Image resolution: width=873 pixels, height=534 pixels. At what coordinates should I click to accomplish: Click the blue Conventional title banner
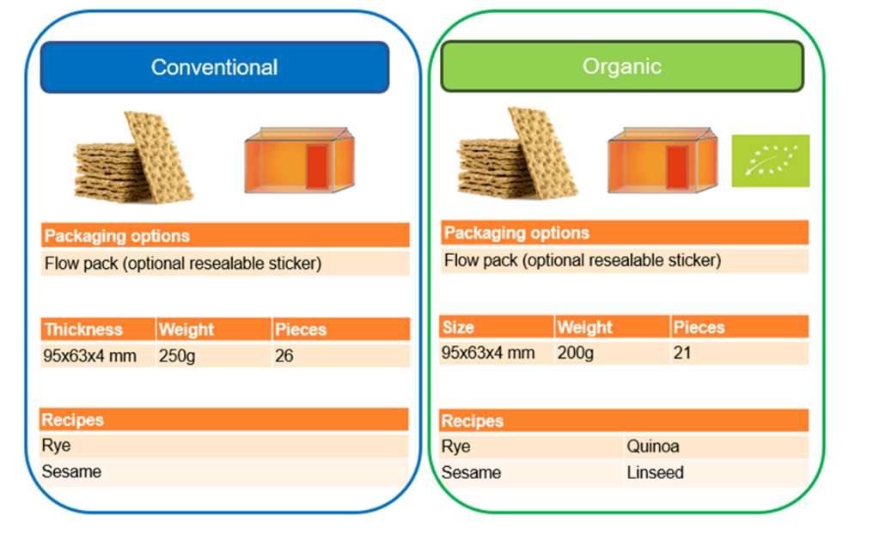tap(215, 67)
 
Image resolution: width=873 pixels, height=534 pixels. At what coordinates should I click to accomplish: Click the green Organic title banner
tap(622, 66)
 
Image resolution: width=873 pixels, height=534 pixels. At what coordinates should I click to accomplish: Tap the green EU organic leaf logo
tap(770, 161)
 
